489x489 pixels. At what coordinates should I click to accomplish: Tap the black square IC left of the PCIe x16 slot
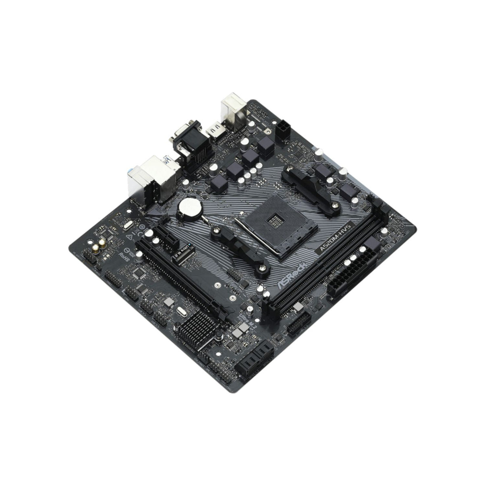coord(140,274)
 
